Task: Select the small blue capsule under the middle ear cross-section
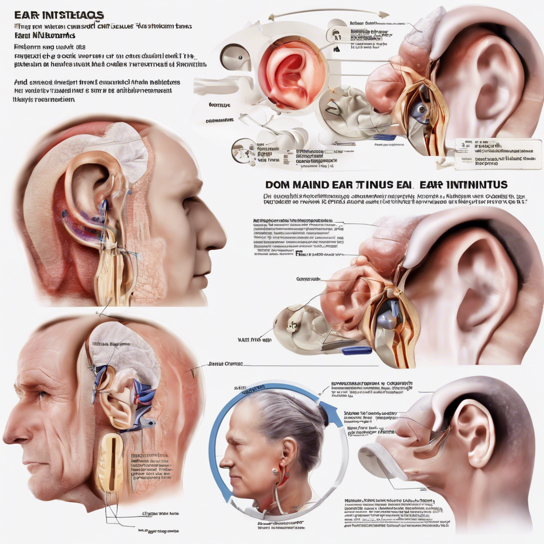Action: [x=356, y=351]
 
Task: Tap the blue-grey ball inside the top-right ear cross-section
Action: [x=421, y=110]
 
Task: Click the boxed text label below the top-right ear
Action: [x=490, y=154]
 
